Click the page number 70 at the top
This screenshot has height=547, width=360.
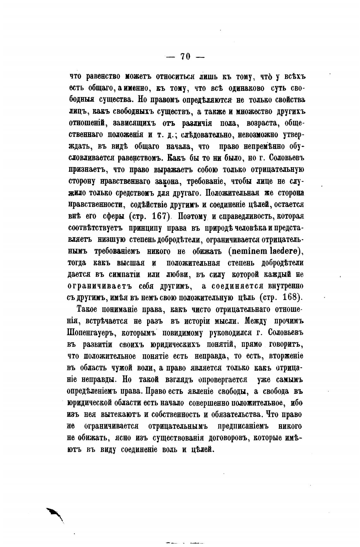pyautogui.click(x=185, y=57)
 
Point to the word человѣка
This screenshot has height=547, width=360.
pyautogui.click(x=252, y=228)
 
